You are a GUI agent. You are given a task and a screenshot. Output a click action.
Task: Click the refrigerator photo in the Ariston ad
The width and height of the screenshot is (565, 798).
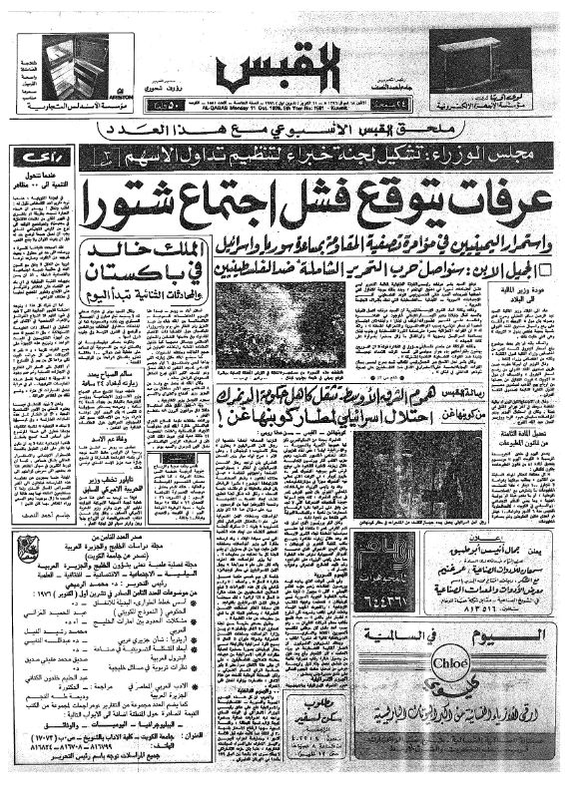coord(76,66)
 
